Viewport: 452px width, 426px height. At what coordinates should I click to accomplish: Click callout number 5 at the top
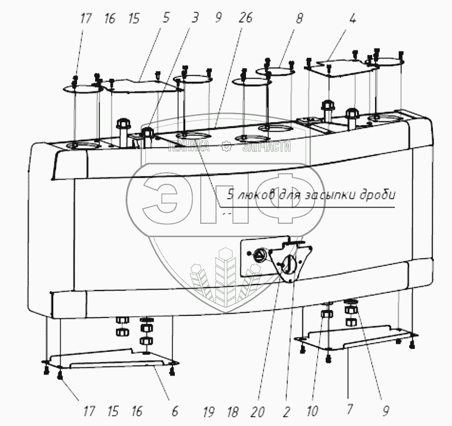tap(166, 19)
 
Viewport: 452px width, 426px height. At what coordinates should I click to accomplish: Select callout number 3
tap(194, 19)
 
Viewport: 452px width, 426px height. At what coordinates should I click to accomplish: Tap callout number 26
tap(245, 19)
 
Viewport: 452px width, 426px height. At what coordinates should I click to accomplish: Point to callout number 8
tap(299, 19)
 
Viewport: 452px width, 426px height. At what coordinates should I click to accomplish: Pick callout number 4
tap(352, 19)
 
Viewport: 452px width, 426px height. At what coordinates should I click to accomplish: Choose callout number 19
tap(209, 412)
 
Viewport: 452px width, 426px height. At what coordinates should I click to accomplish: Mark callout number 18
tap(233, 412)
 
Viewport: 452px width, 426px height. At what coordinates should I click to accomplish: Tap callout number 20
tap(258, 412)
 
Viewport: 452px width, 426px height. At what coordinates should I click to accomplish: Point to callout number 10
tap(313, 412)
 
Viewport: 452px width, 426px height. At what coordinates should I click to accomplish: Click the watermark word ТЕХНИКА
tap(188, 147)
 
